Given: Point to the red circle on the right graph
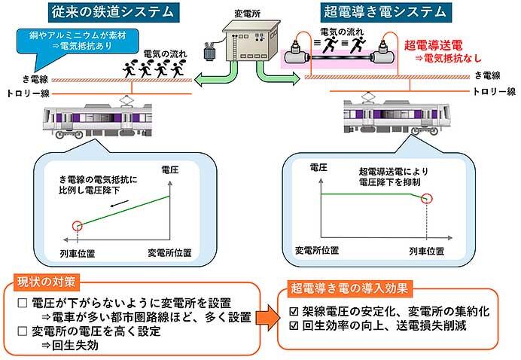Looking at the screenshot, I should [x=428, y=199].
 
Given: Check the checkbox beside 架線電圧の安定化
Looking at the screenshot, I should [x=295, y=311].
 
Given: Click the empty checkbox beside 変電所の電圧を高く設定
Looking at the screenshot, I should [x=23, y=330].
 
